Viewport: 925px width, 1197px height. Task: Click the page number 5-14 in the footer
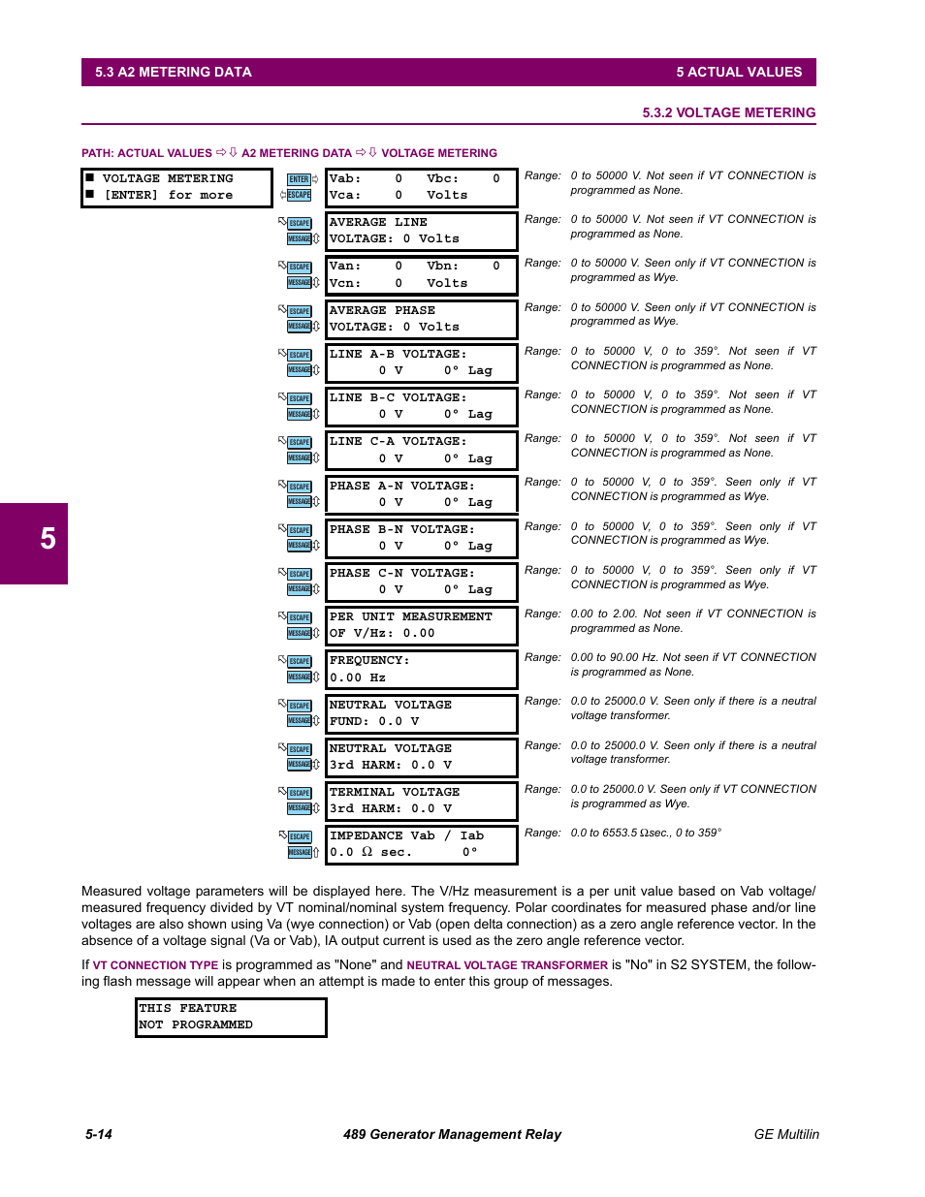pos(99,1134)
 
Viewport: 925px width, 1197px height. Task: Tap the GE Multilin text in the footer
pos(786,1134)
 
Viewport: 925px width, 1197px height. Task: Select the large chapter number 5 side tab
pos(35,541)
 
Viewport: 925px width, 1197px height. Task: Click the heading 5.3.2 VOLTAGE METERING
pos(728,112)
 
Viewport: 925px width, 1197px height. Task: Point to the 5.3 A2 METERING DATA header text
pos(174,72)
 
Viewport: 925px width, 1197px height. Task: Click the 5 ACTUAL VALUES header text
pos(739,72)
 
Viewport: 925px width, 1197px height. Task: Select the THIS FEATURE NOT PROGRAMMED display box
pos(231,1017)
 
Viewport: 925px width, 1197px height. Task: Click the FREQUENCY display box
pos(421,669)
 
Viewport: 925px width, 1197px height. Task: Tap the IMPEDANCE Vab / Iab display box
pos(421,844)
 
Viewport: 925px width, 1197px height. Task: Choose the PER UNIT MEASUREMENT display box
pos(421,625)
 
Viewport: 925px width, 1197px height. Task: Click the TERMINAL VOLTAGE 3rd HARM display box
pos(421,801)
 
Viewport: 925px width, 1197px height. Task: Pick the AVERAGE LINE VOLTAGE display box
pos(421,231)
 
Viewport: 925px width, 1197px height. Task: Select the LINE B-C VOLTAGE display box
pos(421,406)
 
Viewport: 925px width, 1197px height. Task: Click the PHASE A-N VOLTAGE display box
pos(421,494)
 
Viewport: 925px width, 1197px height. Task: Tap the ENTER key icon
pos(300,179)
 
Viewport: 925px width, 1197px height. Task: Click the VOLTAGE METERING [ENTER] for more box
pos(176,187)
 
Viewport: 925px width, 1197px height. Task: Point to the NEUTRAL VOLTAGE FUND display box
pos(421,713)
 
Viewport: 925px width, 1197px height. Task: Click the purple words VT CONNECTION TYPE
pos(155,965)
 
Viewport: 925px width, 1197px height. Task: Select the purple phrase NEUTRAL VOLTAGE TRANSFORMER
pos(507,965)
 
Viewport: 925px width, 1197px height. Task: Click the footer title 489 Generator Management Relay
pos(452,1134)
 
